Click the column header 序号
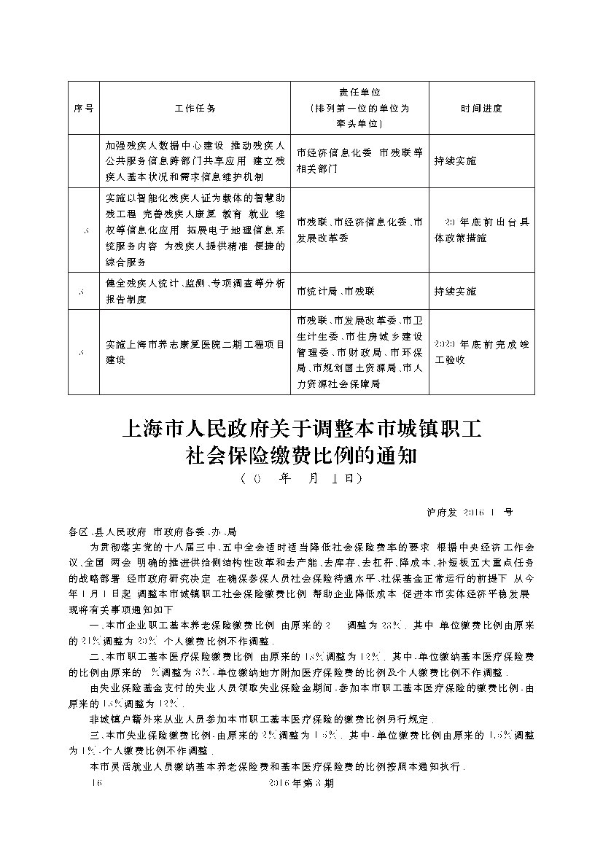[84, 108]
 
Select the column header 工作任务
[195, 108]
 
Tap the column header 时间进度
[481, 108]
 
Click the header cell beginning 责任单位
[359, 108]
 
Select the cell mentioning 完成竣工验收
[481, 352]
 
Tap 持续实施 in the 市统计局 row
[455, 291]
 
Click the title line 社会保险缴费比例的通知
[301, 456]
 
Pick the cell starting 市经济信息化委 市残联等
[359, 161]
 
